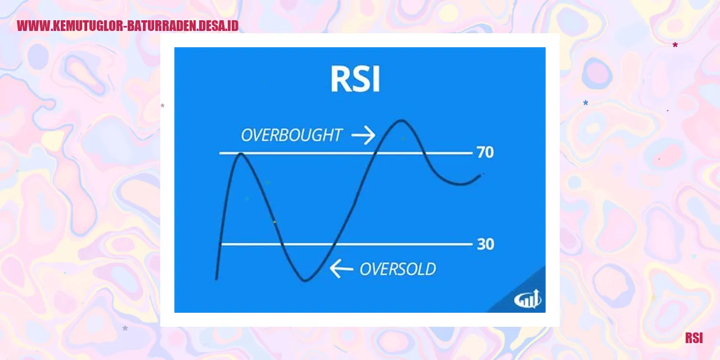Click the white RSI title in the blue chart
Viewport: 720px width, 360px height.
355,80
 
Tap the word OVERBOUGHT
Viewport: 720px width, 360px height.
291,136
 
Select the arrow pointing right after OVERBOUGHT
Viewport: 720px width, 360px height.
363,135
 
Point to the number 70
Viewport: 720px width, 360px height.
485,152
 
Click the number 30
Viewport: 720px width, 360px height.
485,244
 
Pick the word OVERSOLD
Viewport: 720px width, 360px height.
398,269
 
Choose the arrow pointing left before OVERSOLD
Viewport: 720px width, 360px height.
341,269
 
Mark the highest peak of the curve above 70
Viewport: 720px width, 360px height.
401,120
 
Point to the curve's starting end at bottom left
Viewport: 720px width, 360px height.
217,278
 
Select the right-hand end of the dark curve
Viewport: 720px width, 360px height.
481,175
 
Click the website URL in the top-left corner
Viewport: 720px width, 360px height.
128,26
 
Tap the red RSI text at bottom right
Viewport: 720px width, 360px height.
694,338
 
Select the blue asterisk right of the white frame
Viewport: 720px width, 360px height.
586,103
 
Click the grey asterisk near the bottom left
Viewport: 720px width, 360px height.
125,328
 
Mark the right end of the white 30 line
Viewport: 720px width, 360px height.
471,244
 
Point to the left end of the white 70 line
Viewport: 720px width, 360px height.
220,153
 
